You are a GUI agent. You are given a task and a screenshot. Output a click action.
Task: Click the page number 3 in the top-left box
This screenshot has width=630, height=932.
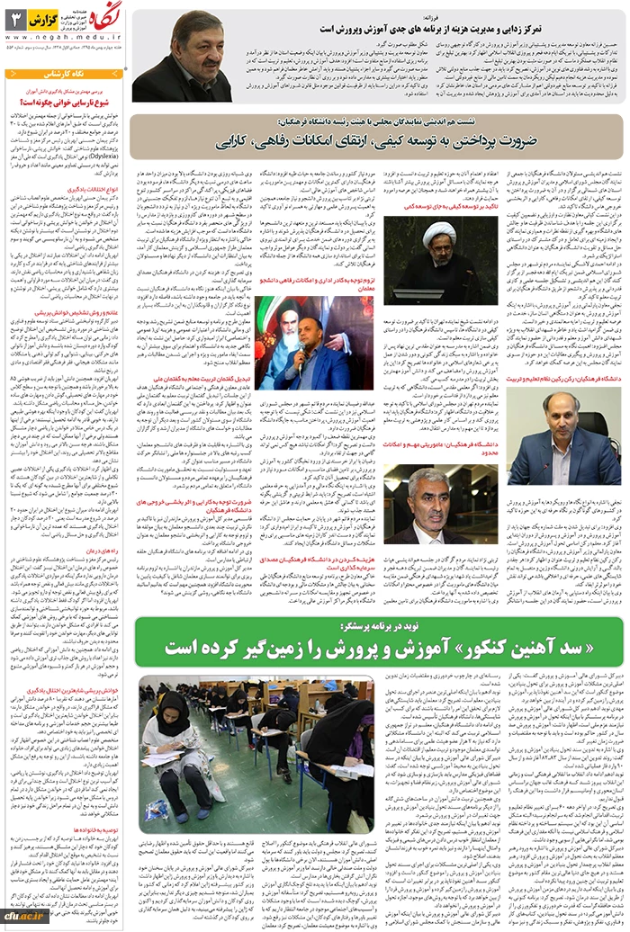(15, 18)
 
